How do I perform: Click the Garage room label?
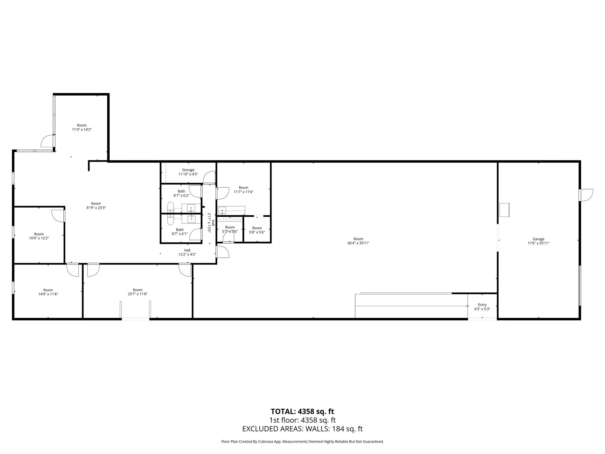click(538, 239)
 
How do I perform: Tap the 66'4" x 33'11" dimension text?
click(358, 243)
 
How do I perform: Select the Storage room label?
click(188, 170)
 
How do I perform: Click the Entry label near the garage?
click(482, 305)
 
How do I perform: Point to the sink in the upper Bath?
click(191, 208)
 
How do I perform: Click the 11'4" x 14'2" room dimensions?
click(82, 129)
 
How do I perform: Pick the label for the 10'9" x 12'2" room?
click(39, 234)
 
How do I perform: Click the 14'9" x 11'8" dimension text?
click(48, 294)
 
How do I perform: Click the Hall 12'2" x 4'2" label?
click(187, 252)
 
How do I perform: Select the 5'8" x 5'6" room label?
click(257, 230)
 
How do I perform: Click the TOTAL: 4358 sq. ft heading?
click(302, 411)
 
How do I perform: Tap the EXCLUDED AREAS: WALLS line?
click(302, 429)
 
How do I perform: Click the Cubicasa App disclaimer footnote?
click(302, 442)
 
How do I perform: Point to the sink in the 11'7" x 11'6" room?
click(222, 210)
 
